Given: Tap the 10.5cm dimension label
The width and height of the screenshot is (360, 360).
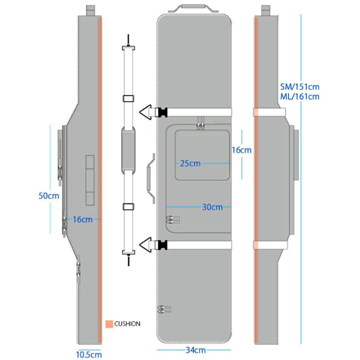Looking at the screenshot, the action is point(89,354).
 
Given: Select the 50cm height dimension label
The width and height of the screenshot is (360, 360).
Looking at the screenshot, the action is point(49,196).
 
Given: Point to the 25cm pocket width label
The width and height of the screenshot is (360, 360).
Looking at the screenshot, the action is point(190,163).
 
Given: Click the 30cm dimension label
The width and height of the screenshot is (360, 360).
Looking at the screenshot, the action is point(212,207).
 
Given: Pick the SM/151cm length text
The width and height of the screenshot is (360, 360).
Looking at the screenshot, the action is point(300,87).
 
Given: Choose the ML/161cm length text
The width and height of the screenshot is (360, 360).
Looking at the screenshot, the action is point(300,96).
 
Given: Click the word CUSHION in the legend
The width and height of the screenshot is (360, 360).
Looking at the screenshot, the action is point(127,324).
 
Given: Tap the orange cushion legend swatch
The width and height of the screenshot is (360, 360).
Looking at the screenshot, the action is point(109,324).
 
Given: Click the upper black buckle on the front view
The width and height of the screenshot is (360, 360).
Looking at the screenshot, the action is point(161,112).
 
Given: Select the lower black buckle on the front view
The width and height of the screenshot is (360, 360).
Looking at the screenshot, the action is point(161,245).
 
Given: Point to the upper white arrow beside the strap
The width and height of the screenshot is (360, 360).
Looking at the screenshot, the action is point(145,112).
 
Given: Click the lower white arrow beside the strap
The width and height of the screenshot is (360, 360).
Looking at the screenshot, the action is point(145,245).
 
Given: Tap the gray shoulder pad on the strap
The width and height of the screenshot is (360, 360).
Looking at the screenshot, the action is point(128,150).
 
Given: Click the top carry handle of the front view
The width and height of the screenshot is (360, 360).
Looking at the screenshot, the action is point(194,8).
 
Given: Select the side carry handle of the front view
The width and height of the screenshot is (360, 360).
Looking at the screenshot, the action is point(151,178).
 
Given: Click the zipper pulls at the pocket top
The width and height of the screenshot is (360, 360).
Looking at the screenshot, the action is point(200,123).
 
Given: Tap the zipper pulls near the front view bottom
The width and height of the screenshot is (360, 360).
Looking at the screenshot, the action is point(164,309).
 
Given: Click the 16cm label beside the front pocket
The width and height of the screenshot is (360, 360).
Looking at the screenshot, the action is point(242,150).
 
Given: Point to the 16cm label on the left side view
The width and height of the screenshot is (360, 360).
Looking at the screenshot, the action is point(83,219).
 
